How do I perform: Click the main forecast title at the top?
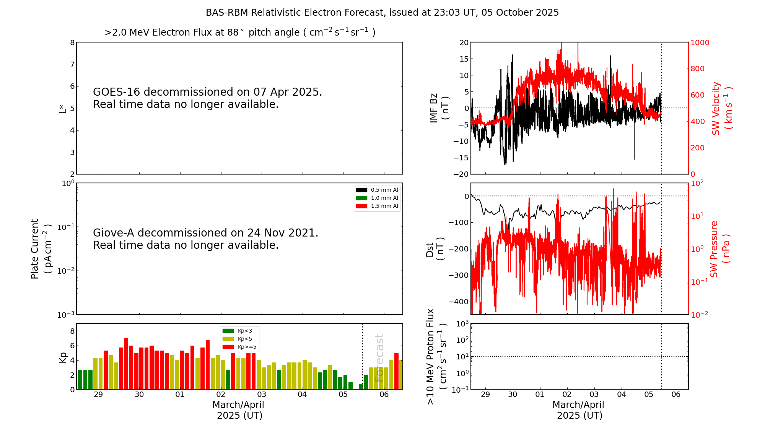382,13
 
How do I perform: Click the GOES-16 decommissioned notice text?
207,98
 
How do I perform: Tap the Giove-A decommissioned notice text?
205,239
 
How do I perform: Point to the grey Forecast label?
379,358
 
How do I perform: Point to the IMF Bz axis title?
439,108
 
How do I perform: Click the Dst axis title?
435,249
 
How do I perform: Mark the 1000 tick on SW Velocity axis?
700,42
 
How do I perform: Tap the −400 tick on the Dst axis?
459,302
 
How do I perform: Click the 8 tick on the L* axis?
72,42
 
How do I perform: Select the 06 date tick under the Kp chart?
384,395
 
